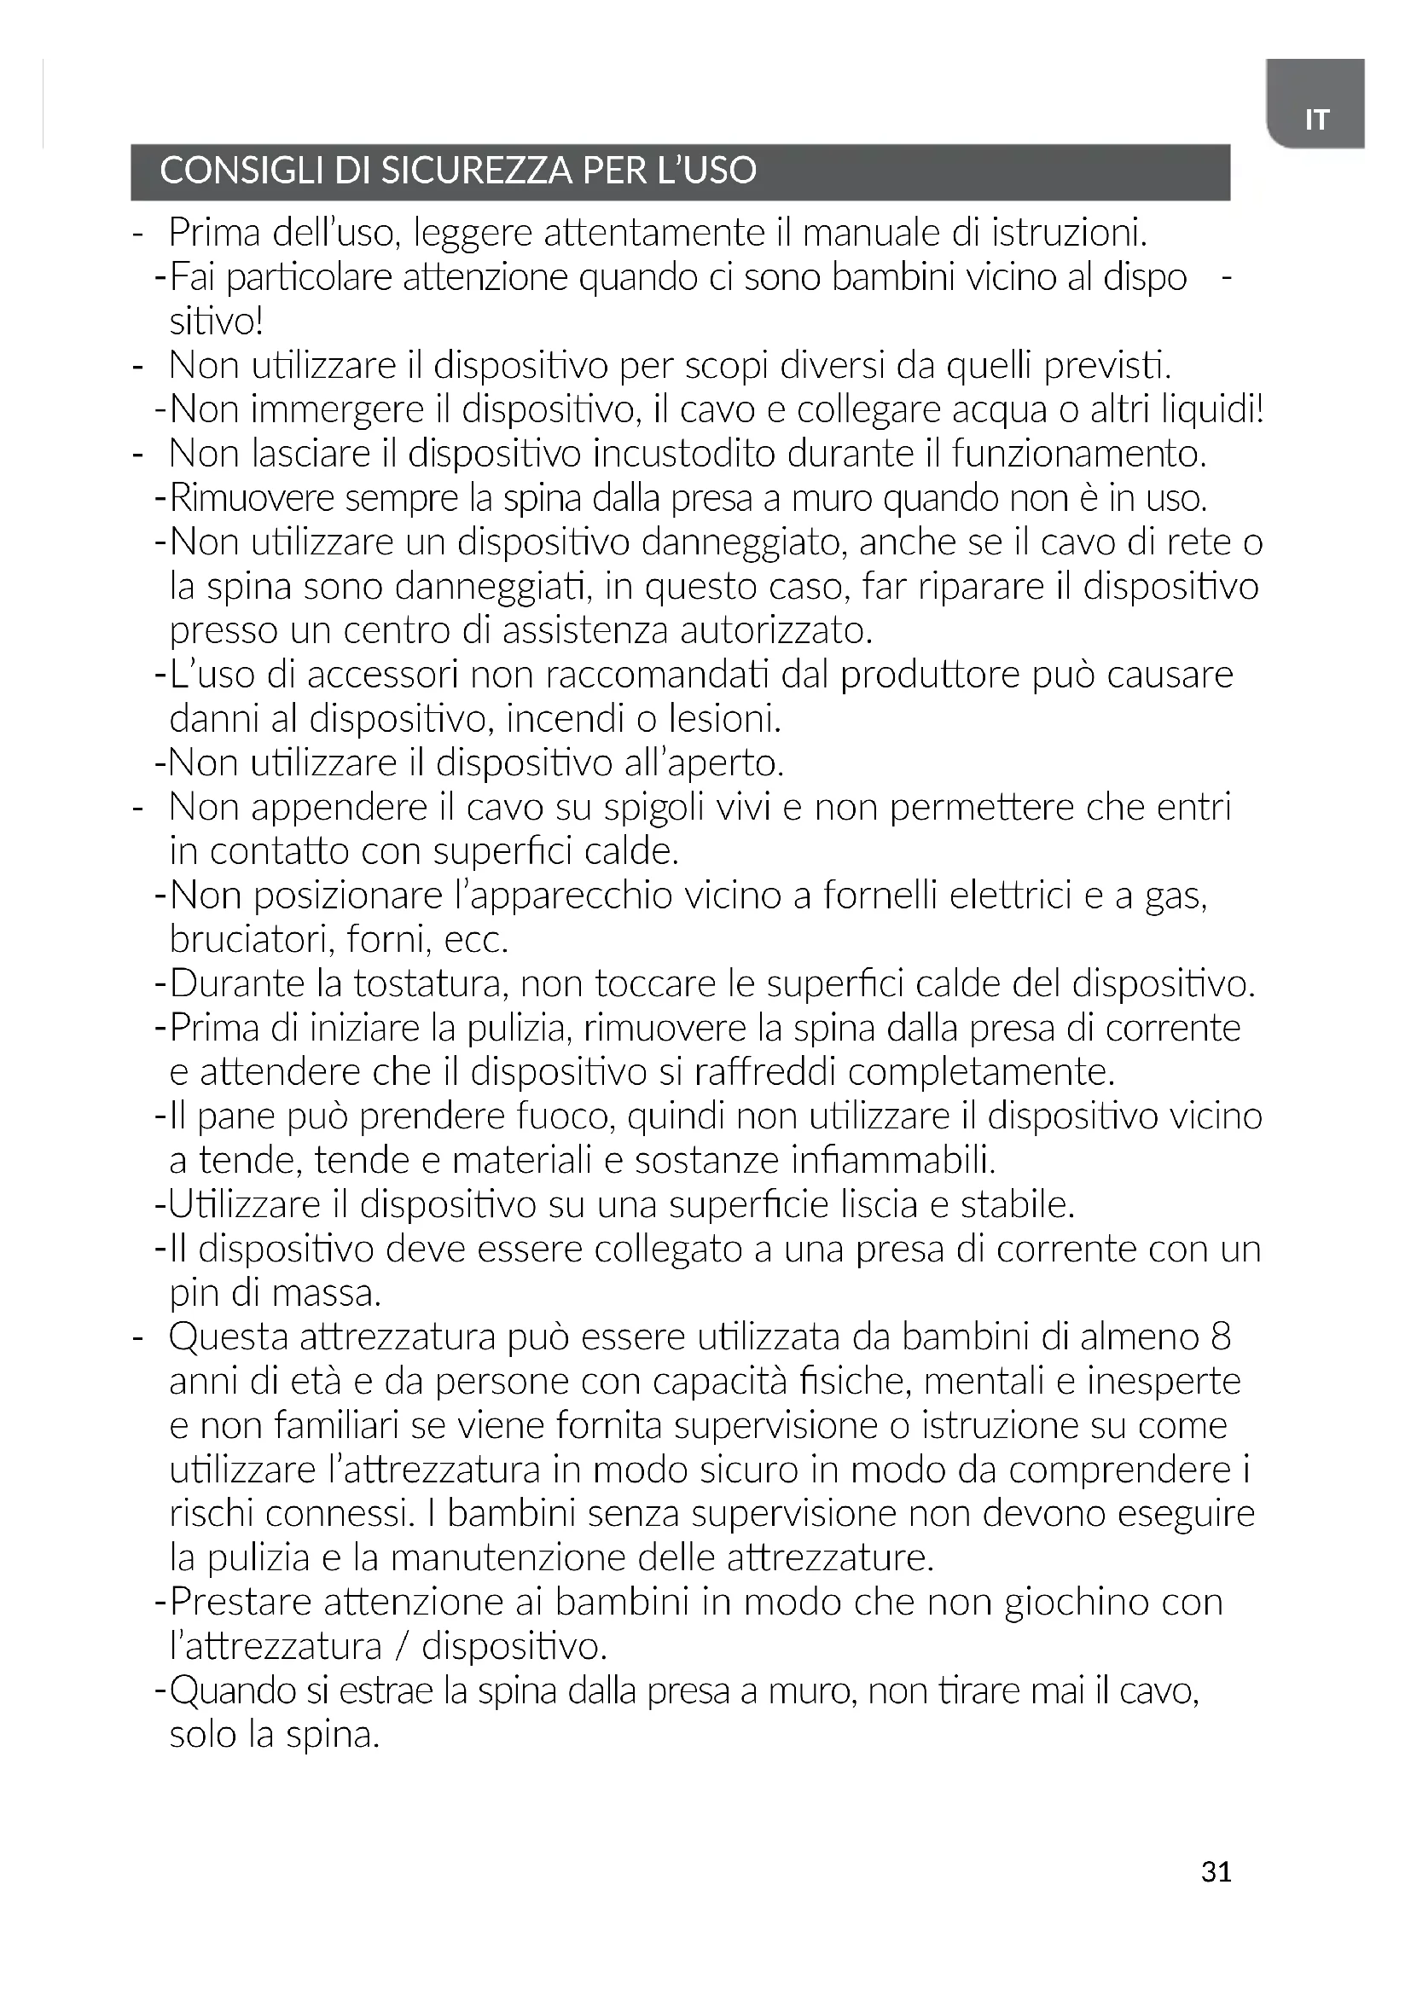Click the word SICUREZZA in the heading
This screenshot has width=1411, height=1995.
click(x=476, y=171)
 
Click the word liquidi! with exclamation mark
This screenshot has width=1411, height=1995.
click(x=1213, y=409)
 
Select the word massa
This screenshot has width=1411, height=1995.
click(x=327, y=1294)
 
